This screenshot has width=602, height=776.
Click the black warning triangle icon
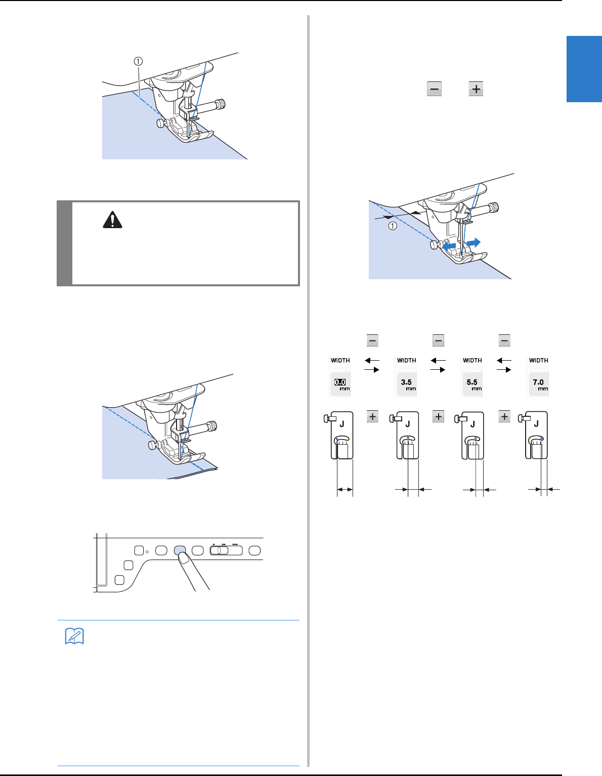(x=112, y=220)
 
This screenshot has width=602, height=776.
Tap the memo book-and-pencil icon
(x=74, y=636)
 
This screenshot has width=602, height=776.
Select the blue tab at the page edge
(x=584, y=69)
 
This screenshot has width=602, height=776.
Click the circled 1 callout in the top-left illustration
(x=138, y=61)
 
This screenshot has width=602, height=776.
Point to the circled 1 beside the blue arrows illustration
(x=393, y=226)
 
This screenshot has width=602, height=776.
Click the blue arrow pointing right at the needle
(x=474, y=242)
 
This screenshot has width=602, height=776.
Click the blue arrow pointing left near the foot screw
(x=449, y=246)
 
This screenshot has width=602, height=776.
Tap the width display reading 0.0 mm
(x=340, y=384)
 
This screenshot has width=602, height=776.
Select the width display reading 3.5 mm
(x=406, y=384)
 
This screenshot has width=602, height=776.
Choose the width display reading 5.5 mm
(x=472, y=384)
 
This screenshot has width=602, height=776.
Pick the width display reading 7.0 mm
(x=538, y=384)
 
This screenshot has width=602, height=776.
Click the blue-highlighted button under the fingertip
(x=180, y=550)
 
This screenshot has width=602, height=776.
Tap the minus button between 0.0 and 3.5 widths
(x=372, y=340)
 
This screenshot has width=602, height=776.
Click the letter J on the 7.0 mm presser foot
(x=536, y=424)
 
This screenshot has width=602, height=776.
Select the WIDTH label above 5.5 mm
(x=472, y=360)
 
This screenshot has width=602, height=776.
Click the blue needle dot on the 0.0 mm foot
(x=337, y=439)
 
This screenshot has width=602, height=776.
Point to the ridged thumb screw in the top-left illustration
(x=222, y=104)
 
